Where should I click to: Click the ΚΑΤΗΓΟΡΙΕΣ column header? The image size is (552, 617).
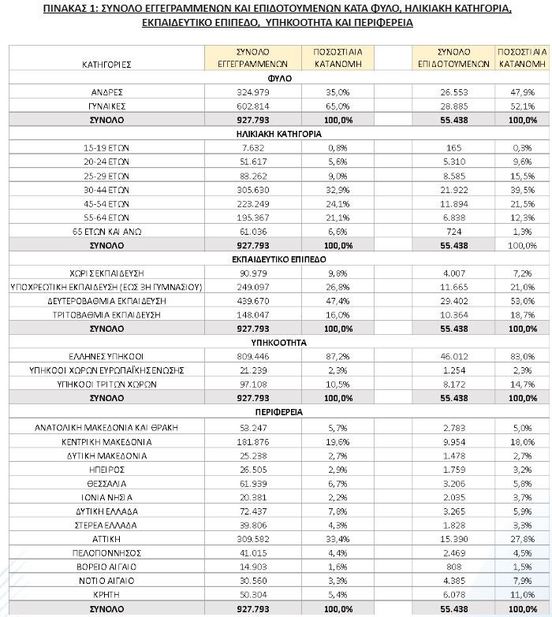tap(106, 62)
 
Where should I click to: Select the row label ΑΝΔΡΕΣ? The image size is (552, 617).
tap(106, 91)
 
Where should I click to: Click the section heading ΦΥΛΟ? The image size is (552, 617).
tap(280, 78)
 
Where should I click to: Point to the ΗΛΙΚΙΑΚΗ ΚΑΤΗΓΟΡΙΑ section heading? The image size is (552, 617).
tap(280, 134)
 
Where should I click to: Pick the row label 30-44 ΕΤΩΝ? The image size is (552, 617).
tap(106, 189)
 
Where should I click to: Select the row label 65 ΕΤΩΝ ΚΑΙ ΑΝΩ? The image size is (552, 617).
tap(106, 231)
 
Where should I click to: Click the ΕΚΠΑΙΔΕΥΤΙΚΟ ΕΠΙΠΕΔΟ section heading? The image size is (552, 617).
tap(280, 258)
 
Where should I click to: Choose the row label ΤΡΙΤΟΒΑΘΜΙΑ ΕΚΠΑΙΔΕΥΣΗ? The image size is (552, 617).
tap(106, 314)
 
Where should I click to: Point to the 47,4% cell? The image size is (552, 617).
tap(338, 301)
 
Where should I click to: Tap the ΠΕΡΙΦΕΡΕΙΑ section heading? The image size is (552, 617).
tap(280, 412)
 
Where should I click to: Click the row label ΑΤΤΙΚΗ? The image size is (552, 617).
tap(106, 538)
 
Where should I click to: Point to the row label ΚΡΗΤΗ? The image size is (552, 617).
tap(106, 594)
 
